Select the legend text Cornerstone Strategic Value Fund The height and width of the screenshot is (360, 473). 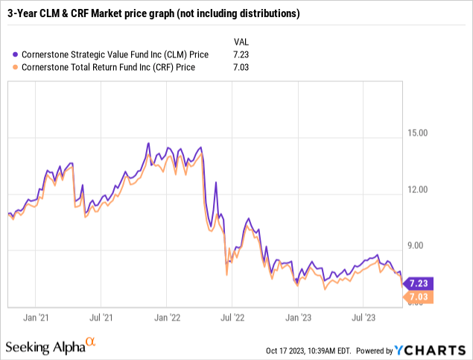click(111, 54)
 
